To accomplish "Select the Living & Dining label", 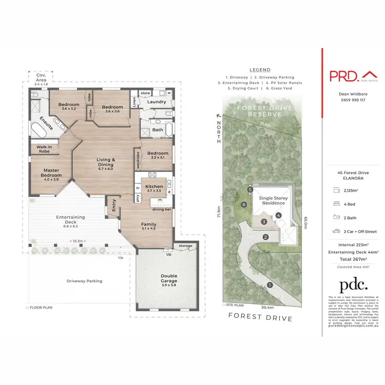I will click(x=106, y=162).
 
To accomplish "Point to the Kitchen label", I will click(x=154, y=187).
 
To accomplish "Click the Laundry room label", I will click(x=157, y=102).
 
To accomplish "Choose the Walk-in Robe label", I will click(x=44, y=149).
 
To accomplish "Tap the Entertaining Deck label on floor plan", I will click(x=70, y=220).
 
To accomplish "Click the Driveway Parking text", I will click(x=84, y=281).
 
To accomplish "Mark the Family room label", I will click(x=149, y=224).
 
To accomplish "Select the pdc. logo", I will click(x=354, y=285).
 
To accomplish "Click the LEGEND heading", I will click(x=260, y=69).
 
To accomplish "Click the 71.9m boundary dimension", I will click(x=219, y=210).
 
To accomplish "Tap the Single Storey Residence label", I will click(x=273, y=200).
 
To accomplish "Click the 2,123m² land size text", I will click(x=356, y=190).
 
